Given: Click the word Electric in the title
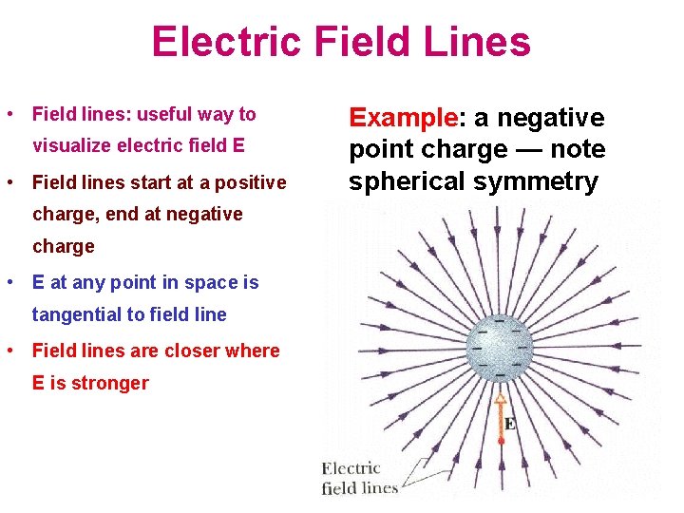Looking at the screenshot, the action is [x=219, y=43].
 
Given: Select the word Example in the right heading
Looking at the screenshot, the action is [x=403, y=118].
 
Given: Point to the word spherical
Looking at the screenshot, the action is [x=405, y=181].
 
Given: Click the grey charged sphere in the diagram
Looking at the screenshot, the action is [x=500, y=349].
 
